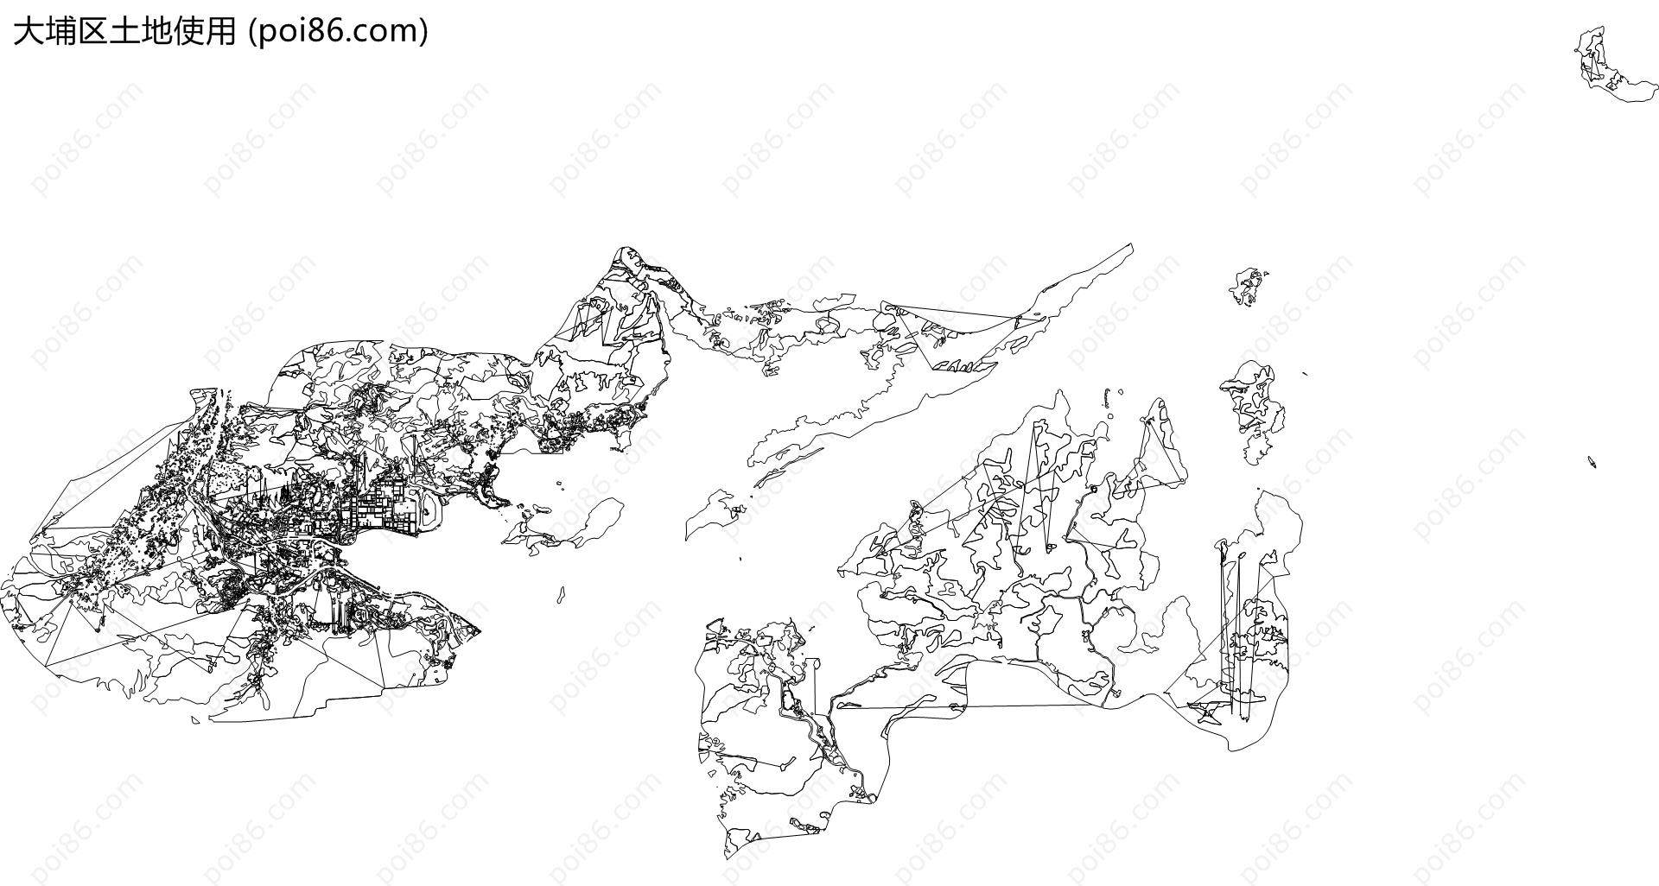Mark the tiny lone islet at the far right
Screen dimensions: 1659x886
[1592, 462]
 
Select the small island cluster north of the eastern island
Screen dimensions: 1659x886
[1249, 288]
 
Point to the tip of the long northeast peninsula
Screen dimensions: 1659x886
[1131, 245]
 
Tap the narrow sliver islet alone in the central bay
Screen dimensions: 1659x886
[562, 595]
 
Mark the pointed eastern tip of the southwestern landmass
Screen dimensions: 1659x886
[480, 630]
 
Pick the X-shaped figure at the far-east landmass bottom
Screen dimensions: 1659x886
[1206, 712]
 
